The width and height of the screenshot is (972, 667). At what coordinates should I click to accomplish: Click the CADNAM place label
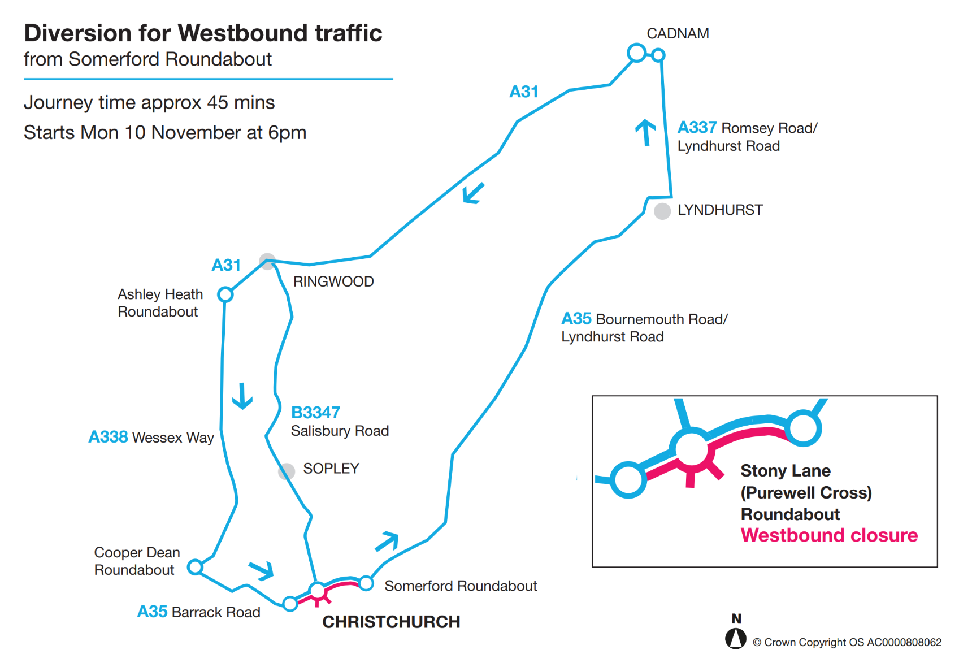678,33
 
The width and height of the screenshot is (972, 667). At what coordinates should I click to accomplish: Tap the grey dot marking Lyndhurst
662,211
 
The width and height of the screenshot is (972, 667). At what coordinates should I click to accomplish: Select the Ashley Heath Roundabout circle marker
225,294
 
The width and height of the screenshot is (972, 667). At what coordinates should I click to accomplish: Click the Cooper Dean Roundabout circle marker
195,566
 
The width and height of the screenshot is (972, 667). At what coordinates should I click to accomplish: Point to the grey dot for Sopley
287,471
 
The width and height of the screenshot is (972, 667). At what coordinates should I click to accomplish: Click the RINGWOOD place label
333,281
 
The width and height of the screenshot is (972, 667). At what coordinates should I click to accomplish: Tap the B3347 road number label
315,413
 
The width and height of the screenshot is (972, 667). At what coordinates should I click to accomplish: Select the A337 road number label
697,128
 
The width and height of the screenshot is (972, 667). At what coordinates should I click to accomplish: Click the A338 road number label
109,437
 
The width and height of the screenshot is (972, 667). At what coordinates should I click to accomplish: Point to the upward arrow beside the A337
645,132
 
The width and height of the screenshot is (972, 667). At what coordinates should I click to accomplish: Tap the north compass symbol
736,638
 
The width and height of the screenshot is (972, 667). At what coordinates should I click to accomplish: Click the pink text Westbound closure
829,535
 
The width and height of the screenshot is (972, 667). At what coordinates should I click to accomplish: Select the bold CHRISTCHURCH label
391,622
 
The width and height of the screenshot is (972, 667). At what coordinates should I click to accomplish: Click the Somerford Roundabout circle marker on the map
366,583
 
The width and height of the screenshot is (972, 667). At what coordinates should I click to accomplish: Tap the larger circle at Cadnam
637,53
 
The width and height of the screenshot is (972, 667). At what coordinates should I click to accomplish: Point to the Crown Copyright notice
847,642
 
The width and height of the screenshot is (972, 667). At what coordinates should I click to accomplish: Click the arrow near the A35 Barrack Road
262,570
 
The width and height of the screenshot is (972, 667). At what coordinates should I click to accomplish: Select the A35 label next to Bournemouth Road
576,319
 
